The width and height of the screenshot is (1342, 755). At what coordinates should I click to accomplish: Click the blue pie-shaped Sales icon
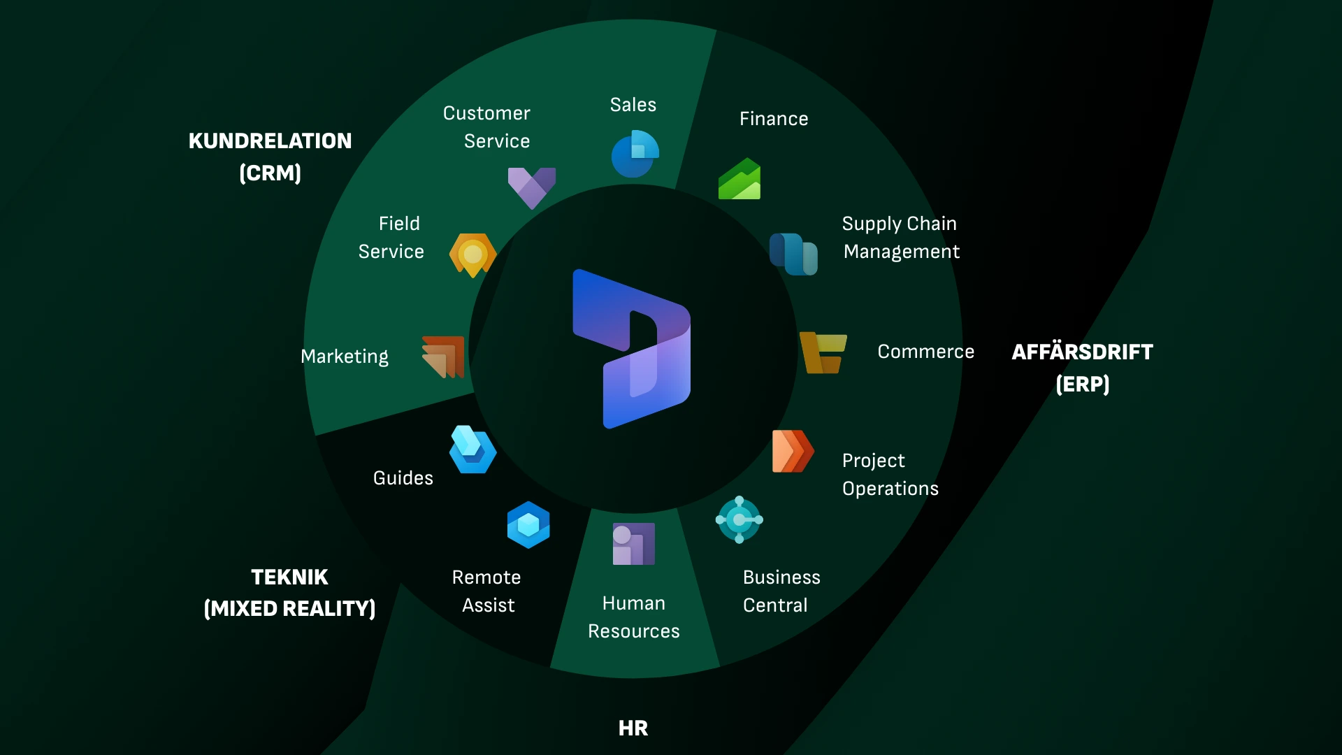pos(635,154)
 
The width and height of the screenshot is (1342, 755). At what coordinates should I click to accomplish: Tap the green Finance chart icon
pos(739,180)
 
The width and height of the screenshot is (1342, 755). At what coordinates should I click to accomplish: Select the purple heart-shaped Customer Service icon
pos(531,187)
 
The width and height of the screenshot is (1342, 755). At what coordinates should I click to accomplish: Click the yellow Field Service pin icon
pos(472,254)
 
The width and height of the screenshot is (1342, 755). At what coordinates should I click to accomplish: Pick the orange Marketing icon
pos(444,357)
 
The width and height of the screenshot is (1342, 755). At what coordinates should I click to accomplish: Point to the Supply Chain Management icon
pos(793,254)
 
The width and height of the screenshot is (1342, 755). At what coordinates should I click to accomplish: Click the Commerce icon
pos(823,352)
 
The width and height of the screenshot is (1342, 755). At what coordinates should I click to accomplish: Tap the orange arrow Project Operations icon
pos(793,452)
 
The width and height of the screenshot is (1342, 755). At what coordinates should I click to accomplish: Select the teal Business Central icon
pos(739,519)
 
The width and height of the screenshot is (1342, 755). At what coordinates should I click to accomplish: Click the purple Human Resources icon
pos(633,544)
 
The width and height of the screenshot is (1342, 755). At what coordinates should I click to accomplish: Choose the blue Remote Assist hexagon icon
pos(528,524)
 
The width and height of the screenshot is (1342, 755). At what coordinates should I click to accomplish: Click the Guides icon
pos(472,450)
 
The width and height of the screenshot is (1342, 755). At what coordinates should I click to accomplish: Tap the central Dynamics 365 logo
pos(631,349)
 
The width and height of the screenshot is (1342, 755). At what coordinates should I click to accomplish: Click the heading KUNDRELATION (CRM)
pos(270,157)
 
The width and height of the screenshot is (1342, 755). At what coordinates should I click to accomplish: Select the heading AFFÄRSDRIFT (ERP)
pos(1082,368)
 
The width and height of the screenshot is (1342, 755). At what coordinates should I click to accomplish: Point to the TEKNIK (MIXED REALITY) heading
pos(289,593)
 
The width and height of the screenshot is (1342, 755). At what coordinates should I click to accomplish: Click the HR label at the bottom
pos(633,728)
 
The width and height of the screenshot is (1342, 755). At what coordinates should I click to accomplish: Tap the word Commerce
pos(925,352)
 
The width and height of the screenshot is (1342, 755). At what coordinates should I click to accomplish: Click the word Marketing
pos(344,357)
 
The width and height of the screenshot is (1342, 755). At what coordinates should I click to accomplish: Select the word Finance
pos(774,119)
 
